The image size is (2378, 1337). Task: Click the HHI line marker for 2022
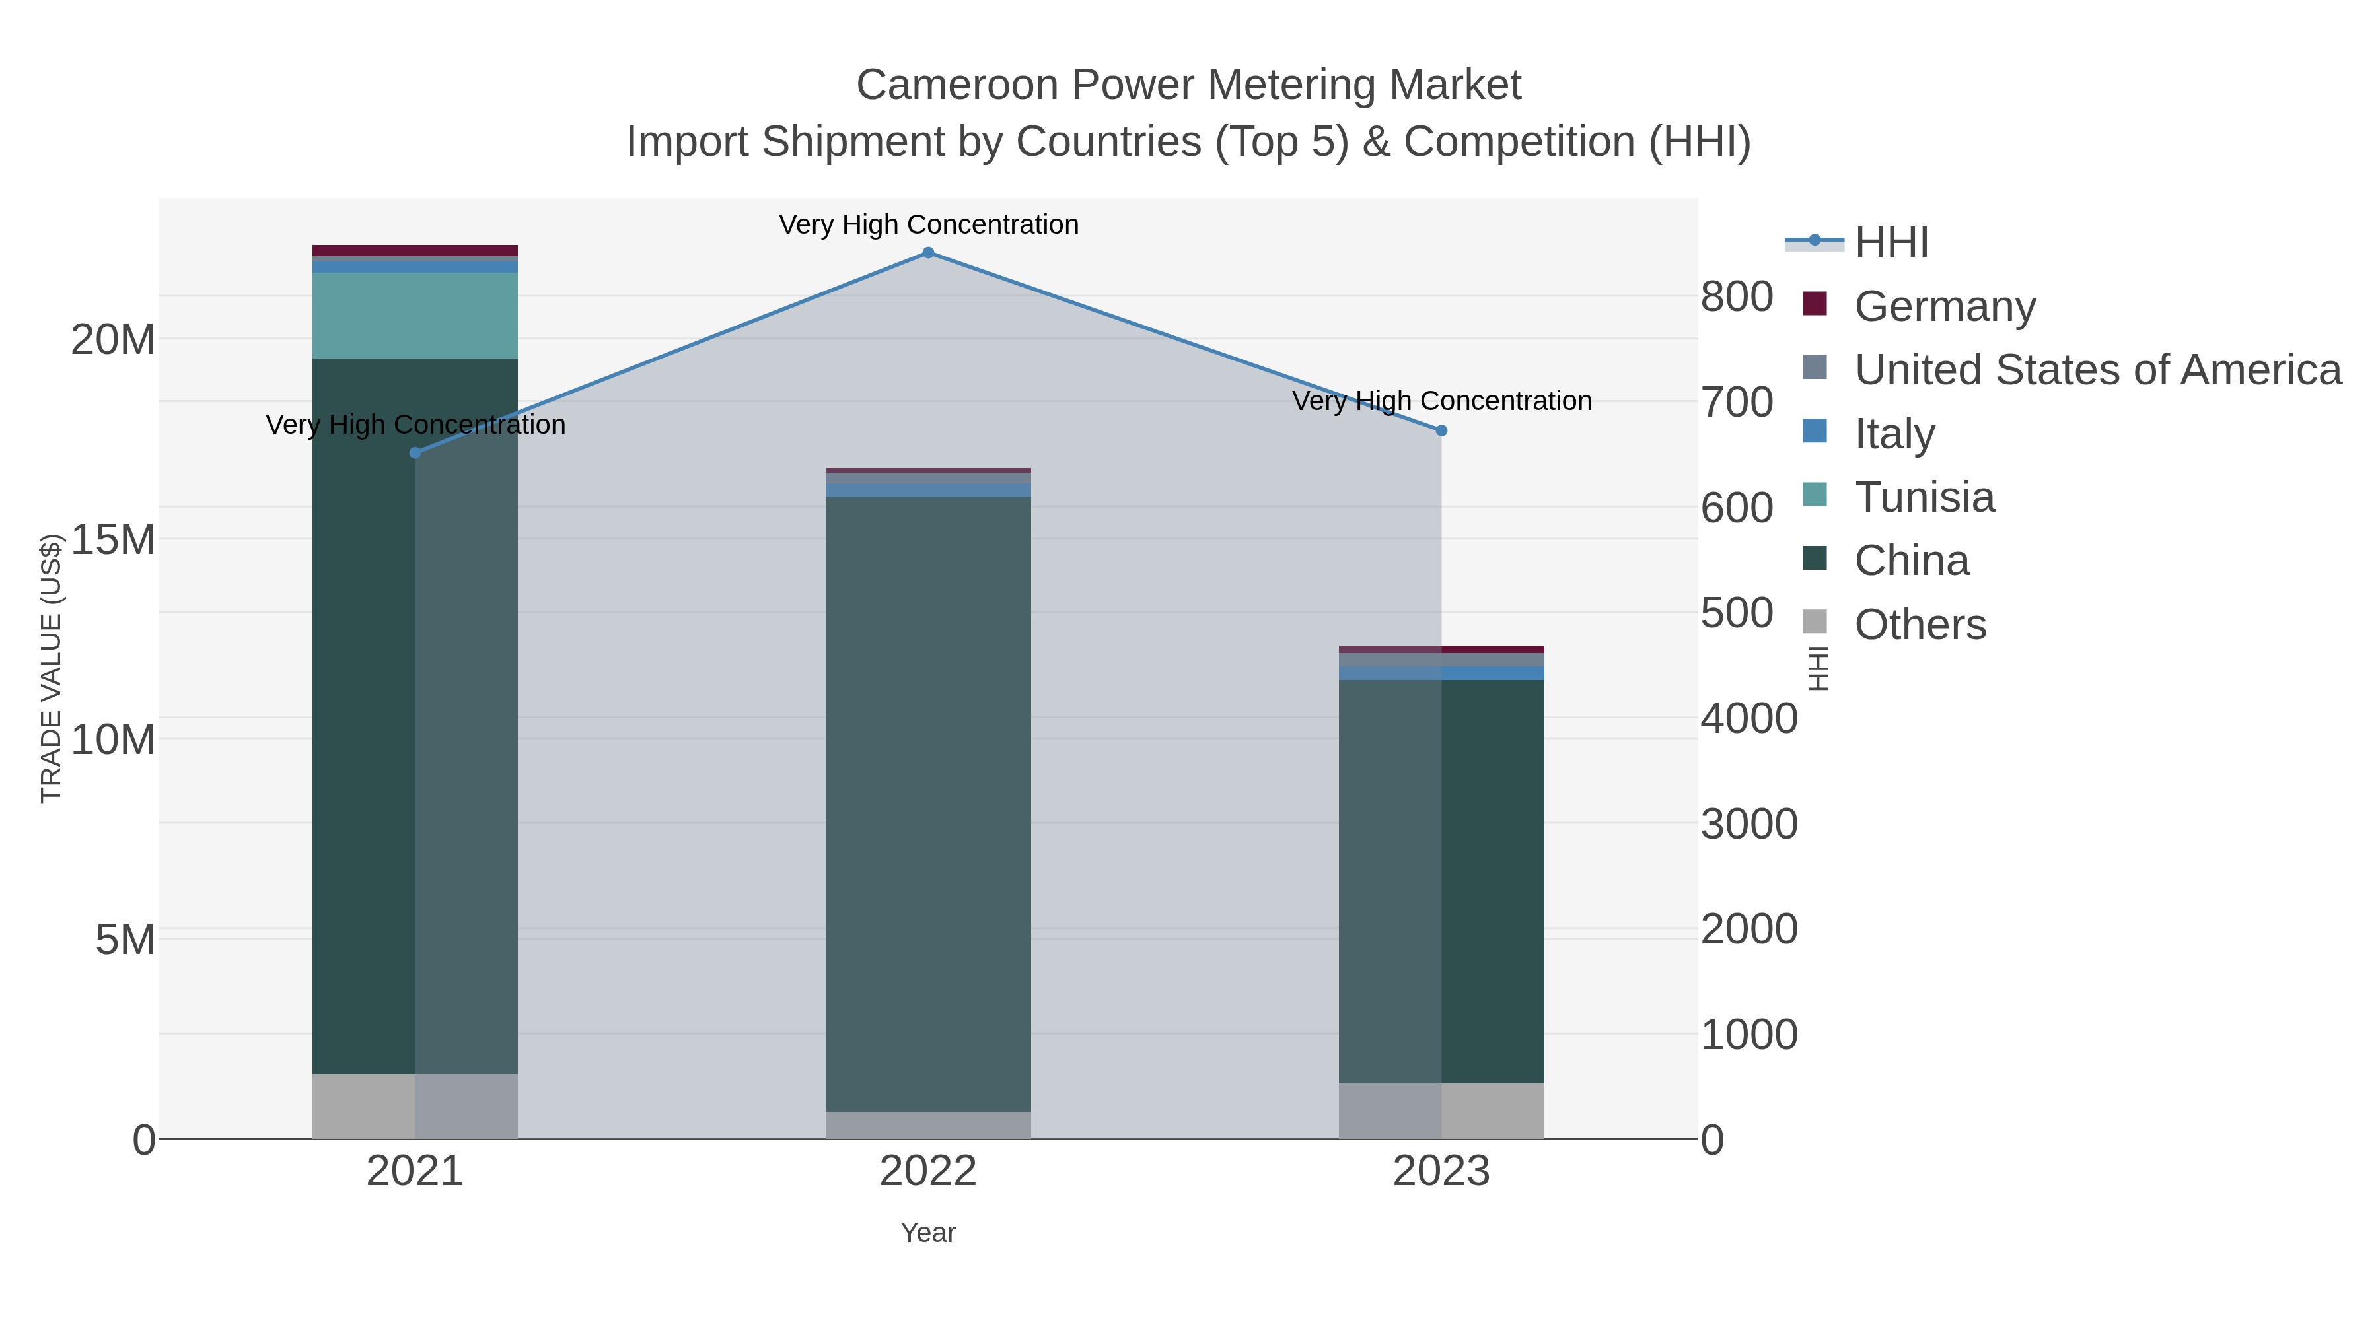[928, 253]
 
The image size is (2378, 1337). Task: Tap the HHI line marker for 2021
[415, 452]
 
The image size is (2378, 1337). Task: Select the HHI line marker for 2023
[1441, 430]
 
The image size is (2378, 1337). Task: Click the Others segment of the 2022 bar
[928, 1125]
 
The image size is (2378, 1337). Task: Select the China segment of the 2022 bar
[928, 803]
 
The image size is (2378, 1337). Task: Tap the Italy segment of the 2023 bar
[1441, 673]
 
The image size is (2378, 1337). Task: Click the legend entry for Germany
[1944, 306]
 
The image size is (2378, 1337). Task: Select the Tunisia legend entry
[1924, 497]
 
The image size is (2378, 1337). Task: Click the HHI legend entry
[1891, 243]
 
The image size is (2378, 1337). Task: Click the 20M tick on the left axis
[112, 339]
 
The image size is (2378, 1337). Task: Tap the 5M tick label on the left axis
[125, 940]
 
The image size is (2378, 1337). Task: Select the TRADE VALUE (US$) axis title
[51, 668]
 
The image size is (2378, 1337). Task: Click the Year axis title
[928, 1233]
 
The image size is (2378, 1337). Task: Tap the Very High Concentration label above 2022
[928, 224]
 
